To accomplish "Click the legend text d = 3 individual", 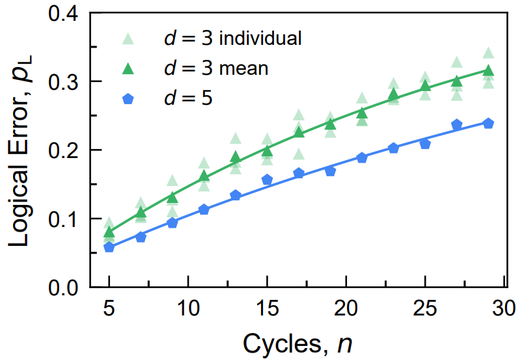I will [x=232, y=38].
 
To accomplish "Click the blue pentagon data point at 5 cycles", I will [x=109, y=247].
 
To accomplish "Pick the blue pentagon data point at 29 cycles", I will [x=488, y=124].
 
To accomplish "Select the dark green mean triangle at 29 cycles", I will [x=488, y=71].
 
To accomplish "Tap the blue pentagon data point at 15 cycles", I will [x=267, y=180].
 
